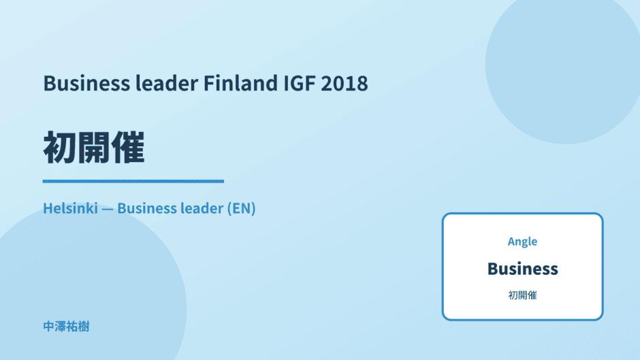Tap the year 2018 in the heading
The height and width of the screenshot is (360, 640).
click(344, 83)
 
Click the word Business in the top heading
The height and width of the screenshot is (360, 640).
click(86, 83)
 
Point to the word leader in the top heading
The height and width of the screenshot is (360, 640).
click(167, 83)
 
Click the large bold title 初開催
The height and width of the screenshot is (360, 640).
click(94, 148)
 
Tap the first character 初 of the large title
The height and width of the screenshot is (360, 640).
click(60, 148)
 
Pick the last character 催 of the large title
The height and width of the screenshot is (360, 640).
click(128, 148)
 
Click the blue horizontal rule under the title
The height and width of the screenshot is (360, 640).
click(133, 181)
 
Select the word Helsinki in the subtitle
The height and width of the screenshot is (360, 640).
click(71, 208)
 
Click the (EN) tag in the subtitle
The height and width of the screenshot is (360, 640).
click(241, 208)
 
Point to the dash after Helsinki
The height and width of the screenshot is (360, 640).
click(108, 210)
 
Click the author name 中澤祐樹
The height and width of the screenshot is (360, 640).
click(66, 327)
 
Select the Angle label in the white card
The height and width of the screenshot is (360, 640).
click(522, 242)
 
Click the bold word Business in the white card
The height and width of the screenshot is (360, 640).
click(522, 269)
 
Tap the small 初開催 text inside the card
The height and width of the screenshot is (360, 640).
click(522, 295)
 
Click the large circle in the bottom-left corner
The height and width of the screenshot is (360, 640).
click(90, 294)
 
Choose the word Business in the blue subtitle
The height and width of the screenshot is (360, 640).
click(146, 208)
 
